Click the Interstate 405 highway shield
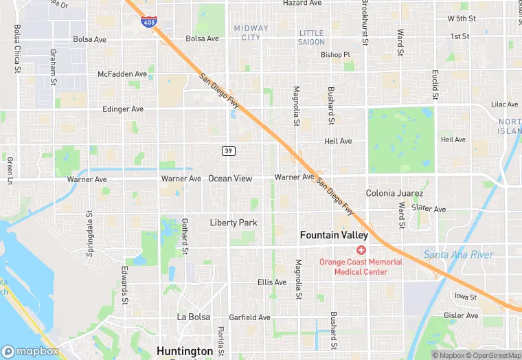click(148, 21)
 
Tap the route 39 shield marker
click(229, 150)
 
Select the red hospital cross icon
click(361, 250)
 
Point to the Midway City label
click(251, 33)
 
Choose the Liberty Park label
click(234, 223)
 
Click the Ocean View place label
click(230, 179)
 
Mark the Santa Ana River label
click(458, 255)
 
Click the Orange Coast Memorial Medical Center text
click(361, 267)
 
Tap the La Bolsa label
click(192, 317)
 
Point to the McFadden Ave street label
click(122, 74)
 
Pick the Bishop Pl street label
click(335, 55)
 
